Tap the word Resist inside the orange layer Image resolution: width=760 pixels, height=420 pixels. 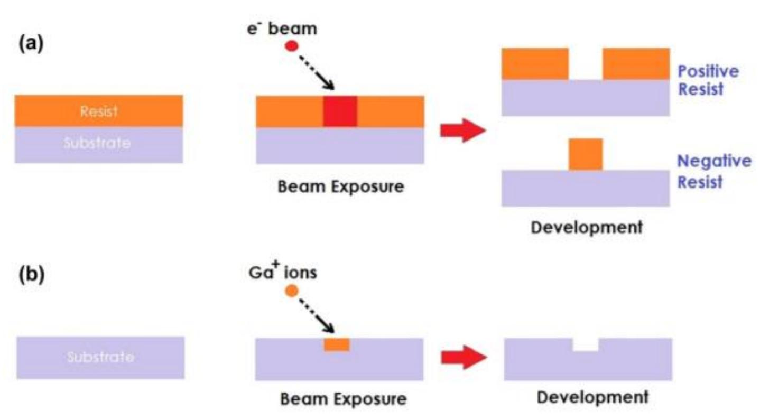click(x=99, y=111)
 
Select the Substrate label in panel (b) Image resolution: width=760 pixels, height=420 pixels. click(x=100, y=357)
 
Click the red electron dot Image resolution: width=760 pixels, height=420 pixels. click(x=291, y=46)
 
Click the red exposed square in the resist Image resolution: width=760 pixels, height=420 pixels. click(x=340, y=111)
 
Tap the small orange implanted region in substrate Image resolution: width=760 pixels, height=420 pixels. click(x=337, y=344)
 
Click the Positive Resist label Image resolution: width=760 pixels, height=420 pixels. click(x=701, y=80)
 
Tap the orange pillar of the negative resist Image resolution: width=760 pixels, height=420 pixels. click(x=585, y=154)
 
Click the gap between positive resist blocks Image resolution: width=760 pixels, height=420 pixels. click(x=586, y=64)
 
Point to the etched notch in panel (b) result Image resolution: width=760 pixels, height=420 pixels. click(x=586, y=345)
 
